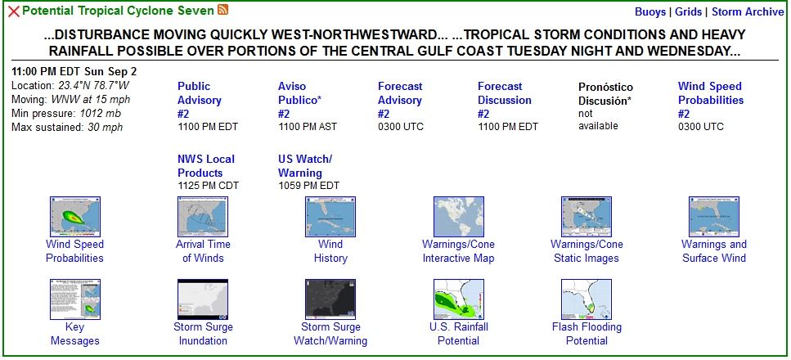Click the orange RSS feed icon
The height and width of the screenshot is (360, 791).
222,10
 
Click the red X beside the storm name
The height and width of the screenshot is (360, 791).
14,11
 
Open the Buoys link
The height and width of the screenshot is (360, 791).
650,12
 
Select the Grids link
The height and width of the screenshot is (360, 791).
688,12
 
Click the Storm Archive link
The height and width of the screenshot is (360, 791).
748,12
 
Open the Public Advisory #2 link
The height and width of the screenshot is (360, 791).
200,100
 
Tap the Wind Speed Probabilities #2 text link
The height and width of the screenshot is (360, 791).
710,100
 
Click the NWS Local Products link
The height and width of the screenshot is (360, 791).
206,166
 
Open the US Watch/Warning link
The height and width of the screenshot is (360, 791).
304,166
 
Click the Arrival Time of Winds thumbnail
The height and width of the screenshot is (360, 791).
203,217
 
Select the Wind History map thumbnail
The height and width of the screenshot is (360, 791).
330,217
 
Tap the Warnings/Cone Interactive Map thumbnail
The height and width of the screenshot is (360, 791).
459,217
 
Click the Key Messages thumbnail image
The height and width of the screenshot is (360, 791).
75,299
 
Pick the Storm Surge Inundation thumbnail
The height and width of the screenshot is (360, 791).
203,299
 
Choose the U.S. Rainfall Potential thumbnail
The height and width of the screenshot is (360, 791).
459,299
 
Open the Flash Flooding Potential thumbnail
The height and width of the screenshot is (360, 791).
587,299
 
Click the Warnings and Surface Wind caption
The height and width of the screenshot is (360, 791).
714,251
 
